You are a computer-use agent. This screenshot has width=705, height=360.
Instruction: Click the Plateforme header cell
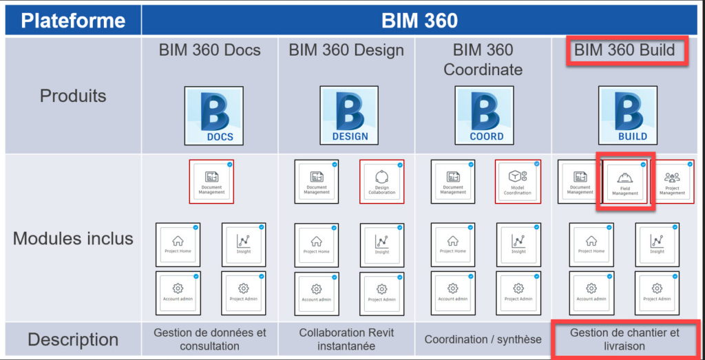[x=72, y=20]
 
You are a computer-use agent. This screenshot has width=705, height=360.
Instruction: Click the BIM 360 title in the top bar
[x=419, y=20]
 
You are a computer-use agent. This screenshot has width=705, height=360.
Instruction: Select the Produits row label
[x=72, y=96]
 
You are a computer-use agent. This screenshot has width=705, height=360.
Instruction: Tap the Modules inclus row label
[x=72, y=239]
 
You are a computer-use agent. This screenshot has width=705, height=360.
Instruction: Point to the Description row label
[x=72, y=339]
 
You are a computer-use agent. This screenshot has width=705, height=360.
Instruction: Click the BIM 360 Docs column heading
[x=209, y=50]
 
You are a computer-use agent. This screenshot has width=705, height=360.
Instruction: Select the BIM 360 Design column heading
[x=346, y=50]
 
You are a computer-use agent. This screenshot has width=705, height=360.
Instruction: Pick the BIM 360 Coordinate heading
[x=483, y=60]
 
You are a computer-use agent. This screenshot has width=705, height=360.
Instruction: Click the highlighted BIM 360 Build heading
[x=624, y=50]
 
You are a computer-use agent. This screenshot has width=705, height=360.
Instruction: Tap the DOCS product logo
[x=213, y=116]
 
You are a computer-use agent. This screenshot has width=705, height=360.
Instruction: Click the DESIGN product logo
[x=350, y=116]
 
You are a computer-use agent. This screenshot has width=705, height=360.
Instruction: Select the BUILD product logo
[x=627, y=116]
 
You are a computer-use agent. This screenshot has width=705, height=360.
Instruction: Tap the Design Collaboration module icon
[x=381, y=182]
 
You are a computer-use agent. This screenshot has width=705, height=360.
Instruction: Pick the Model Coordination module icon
[x=518, y=182]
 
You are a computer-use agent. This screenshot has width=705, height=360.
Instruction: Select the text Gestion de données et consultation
[x=209, y=339]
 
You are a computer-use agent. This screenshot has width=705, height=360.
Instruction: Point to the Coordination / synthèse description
[x=483, y=339]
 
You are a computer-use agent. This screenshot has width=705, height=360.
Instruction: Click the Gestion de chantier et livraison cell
[x=624, y=339]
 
